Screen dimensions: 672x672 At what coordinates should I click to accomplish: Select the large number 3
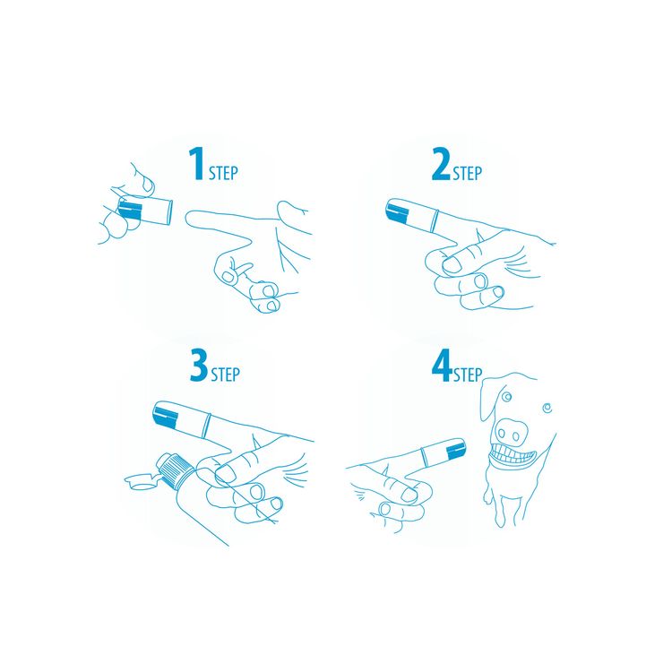point(198,365)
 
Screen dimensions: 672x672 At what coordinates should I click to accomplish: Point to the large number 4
point(441,366)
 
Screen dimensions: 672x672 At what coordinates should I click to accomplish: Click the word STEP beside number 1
point(223,172)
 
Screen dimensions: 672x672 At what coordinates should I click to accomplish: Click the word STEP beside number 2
point(467,172)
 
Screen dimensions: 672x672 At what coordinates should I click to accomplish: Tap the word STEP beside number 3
point(225,373)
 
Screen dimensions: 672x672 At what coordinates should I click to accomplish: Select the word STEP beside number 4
point(467,375)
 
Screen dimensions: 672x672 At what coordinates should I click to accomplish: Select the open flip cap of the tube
point(137,481)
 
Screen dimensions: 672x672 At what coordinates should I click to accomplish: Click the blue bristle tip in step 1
point(131,211)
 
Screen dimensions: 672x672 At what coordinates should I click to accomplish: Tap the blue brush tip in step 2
point(395,212)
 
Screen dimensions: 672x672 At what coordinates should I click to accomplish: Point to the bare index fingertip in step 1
point(190,218)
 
